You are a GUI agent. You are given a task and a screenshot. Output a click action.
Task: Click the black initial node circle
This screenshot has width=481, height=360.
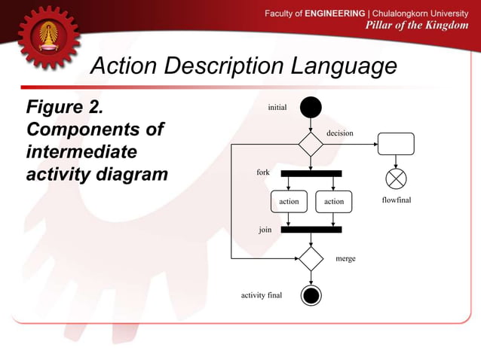[311, 108]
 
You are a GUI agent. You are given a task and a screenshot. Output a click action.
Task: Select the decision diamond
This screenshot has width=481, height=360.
[311, 144]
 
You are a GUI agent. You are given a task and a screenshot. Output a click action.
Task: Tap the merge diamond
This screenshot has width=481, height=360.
[311, 258]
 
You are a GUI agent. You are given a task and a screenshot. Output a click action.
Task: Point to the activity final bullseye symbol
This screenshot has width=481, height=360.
[311, 294]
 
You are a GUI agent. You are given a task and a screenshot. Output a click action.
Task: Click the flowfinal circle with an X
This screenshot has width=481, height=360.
[396, 179]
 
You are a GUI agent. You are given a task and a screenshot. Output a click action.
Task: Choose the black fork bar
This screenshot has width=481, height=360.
[311, 173]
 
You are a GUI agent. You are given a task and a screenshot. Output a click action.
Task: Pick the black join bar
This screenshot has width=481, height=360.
[311, 230]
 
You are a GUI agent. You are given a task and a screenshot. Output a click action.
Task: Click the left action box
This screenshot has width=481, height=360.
[289, 202]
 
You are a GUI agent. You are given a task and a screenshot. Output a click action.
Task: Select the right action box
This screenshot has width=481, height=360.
[334, 202]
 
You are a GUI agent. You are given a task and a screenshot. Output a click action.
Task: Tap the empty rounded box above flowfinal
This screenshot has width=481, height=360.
[396, 143]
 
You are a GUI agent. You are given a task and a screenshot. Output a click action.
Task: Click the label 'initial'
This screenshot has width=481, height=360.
[277, 108]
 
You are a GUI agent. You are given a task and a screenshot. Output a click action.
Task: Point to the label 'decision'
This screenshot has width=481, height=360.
[339, 133]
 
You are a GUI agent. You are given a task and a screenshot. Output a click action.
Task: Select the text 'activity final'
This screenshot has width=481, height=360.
[261, 295]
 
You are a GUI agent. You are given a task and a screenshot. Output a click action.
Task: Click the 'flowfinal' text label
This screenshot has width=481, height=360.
[396, 201]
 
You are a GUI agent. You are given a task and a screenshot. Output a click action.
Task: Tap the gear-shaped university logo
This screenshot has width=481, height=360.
[49, 38]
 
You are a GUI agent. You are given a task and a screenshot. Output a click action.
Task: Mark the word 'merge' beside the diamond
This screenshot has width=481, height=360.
[345, 258]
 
